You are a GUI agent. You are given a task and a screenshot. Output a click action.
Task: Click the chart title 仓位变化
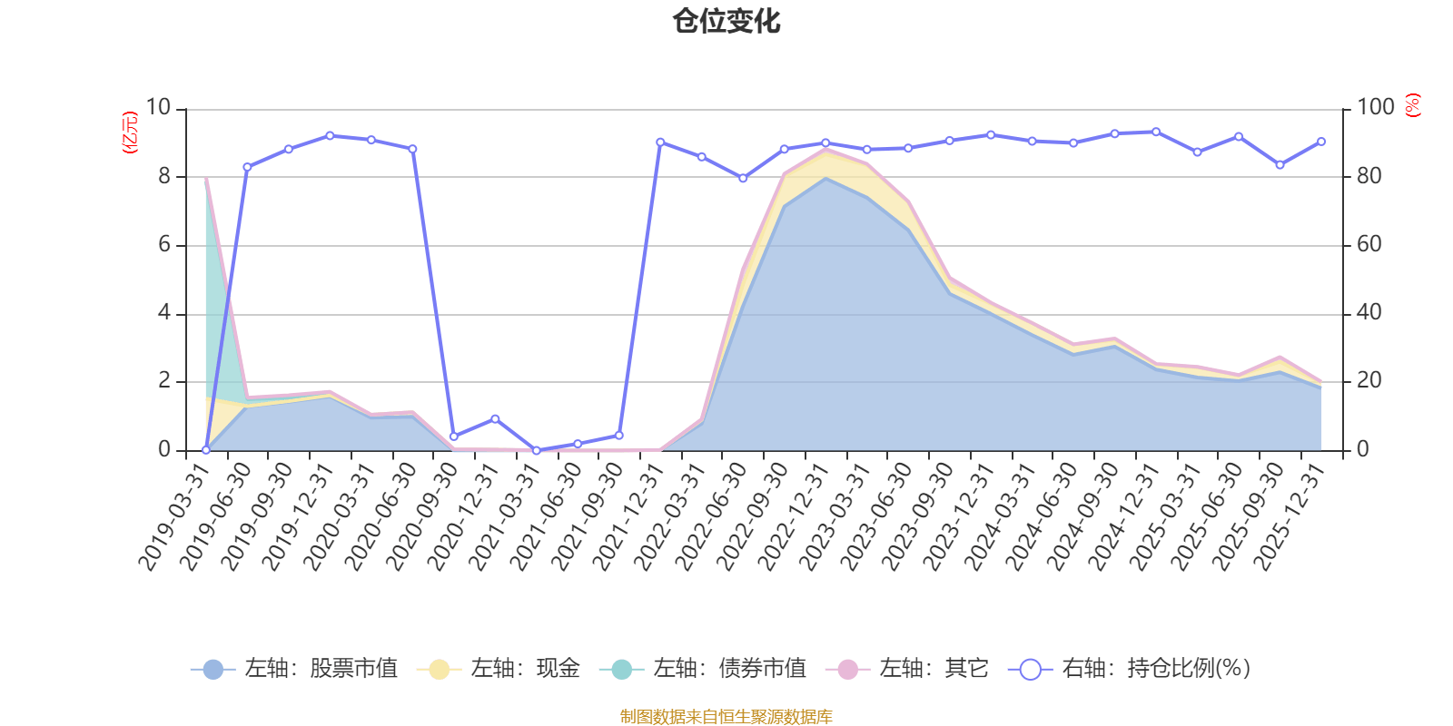pyautogui.click(x=726, y=21)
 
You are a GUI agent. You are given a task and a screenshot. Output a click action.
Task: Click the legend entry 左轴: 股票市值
pyautogui.click(x=296, y=670)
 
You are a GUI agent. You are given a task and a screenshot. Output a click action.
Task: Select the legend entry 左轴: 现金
pyautogui.click(x=499, y=670)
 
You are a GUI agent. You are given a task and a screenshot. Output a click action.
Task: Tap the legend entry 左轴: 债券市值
pyautogui.click(x=704, y=670)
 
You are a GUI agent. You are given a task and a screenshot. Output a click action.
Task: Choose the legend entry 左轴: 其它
pyautogui.click(x=907, y=670)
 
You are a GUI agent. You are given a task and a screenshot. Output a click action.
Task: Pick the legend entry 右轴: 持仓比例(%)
pyautogui.click(x=1131, y=670)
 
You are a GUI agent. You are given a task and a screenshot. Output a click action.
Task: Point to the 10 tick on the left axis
pyautogui.click(x=158, y=108)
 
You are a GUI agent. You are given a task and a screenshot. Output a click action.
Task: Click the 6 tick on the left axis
pyautogui.click(x=164, y=245)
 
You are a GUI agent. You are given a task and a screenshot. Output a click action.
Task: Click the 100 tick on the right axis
pyautogui.click(x=1375, y=108)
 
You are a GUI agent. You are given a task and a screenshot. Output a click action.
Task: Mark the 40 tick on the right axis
pyautogui.click(x=1369, y=313)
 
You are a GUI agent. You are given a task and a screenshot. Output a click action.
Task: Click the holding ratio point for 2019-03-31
pyautogui.click(x=206, y=450)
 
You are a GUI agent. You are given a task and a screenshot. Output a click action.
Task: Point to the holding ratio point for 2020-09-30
pyautogui.click(x=454, y=437)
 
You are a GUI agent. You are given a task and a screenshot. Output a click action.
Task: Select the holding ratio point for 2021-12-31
pyautogui.click(x=660, y=142)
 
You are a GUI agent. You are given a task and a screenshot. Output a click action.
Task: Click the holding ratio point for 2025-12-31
pyautogui.click(x=1321, y=142)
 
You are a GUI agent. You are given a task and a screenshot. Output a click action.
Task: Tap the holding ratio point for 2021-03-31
pyautogui.click(x=537, y=450)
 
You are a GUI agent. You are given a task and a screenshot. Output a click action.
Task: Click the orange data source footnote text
pyautogui.click(x=726, y=717)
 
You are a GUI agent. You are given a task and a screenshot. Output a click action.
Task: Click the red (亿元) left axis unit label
pyautogui.click(x=130, y=132)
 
